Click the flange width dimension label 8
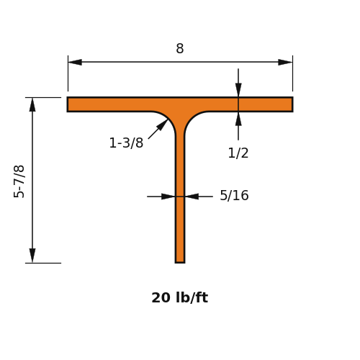[x=180, y=48]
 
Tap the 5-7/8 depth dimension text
[x=19, y=181]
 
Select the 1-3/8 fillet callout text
[x=126, y=143]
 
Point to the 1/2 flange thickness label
[x=238, y=153]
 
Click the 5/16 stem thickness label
[x=234, y=195]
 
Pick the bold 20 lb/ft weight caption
[x=180, y=297]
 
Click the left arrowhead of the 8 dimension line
[x=75, y=62]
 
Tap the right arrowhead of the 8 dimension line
[x=285, y=62]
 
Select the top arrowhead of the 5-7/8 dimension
[x=32, y=104]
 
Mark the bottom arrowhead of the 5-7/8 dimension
[x=32, y=256]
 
